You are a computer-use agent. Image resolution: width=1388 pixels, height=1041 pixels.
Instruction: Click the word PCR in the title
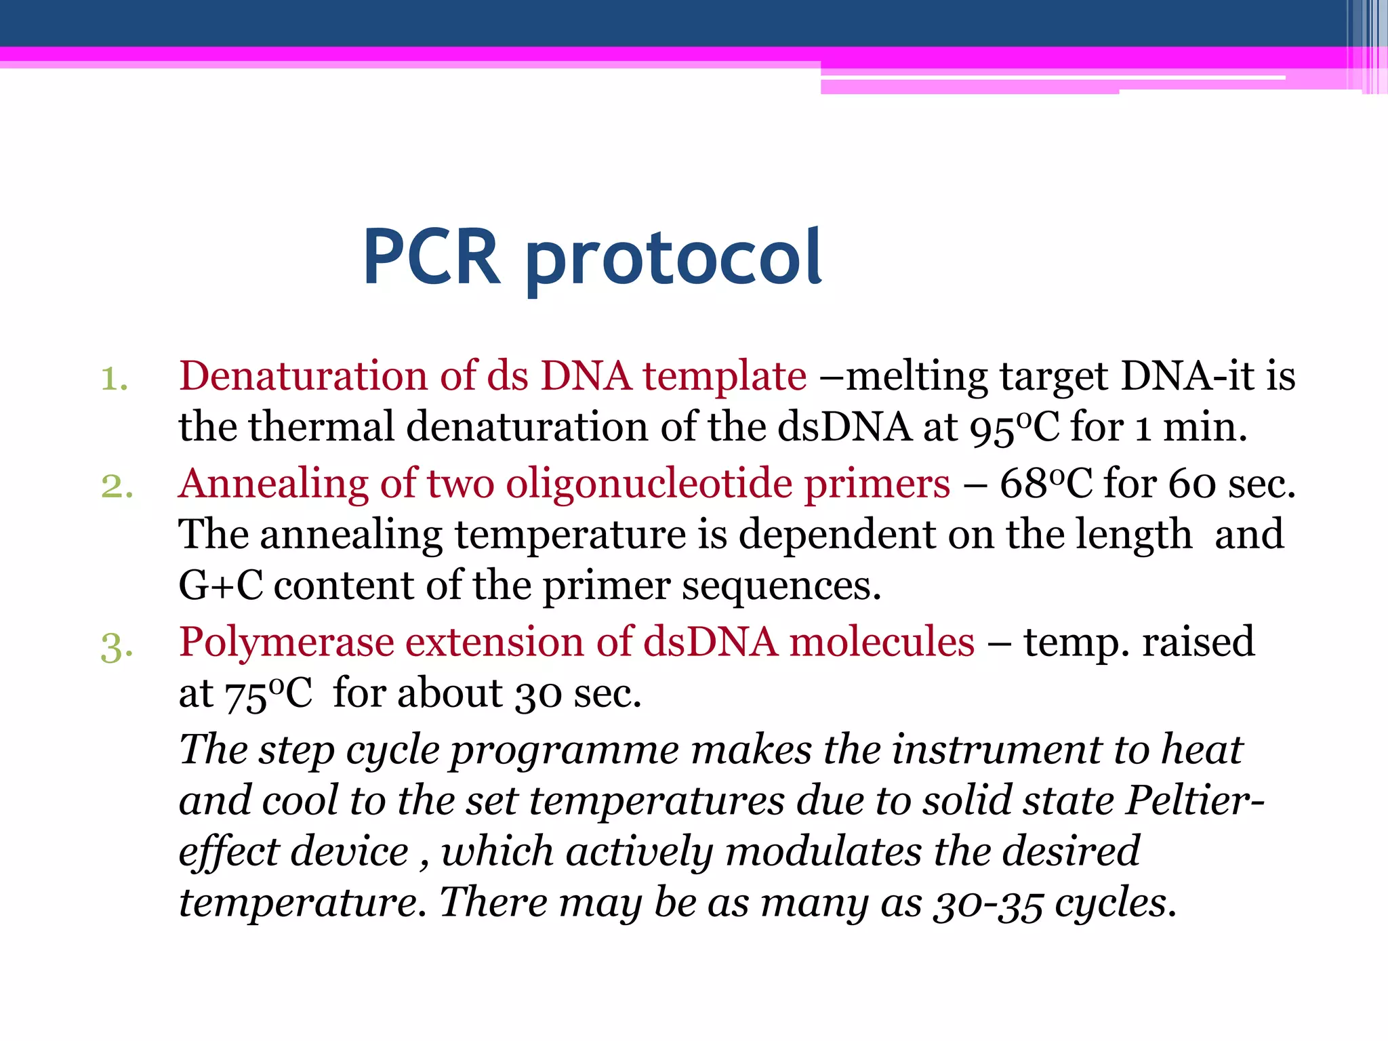(x=432, y=258)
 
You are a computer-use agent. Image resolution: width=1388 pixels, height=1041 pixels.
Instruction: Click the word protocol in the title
(x=674, y=258)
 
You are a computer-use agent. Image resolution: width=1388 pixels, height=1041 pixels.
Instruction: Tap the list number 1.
(x=114, y=379)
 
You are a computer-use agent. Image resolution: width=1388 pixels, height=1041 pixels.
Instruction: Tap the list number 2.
(x=117, y=486)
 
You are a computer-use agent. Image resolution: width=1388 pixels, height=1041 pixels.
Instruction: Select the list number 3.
(x=117, y=646)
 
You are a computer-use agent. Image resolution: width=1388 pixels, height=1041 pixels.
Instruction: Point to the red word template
(x=724, y=377)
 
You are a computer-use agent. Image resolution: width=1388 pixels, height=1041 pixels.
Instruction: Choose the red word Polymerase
(x=286, y=643)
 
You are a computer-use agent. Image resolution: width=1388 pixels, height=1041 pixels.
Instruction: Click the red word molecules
(x=882, y=642)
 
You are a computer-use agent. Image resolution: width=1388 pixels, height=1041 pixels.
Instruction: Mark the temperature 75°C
(x=268, y=694)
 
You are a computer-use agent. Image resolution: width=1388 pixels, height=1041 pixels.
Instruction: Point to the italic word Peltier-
(x=1195, y=802)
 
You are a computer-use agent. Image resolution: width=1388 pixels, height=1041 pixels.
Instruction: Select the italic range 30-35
(x=987, y=905)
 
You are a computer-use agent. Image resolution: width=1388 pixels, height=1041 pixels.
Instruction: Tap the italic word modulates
(x=823, y=852)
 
